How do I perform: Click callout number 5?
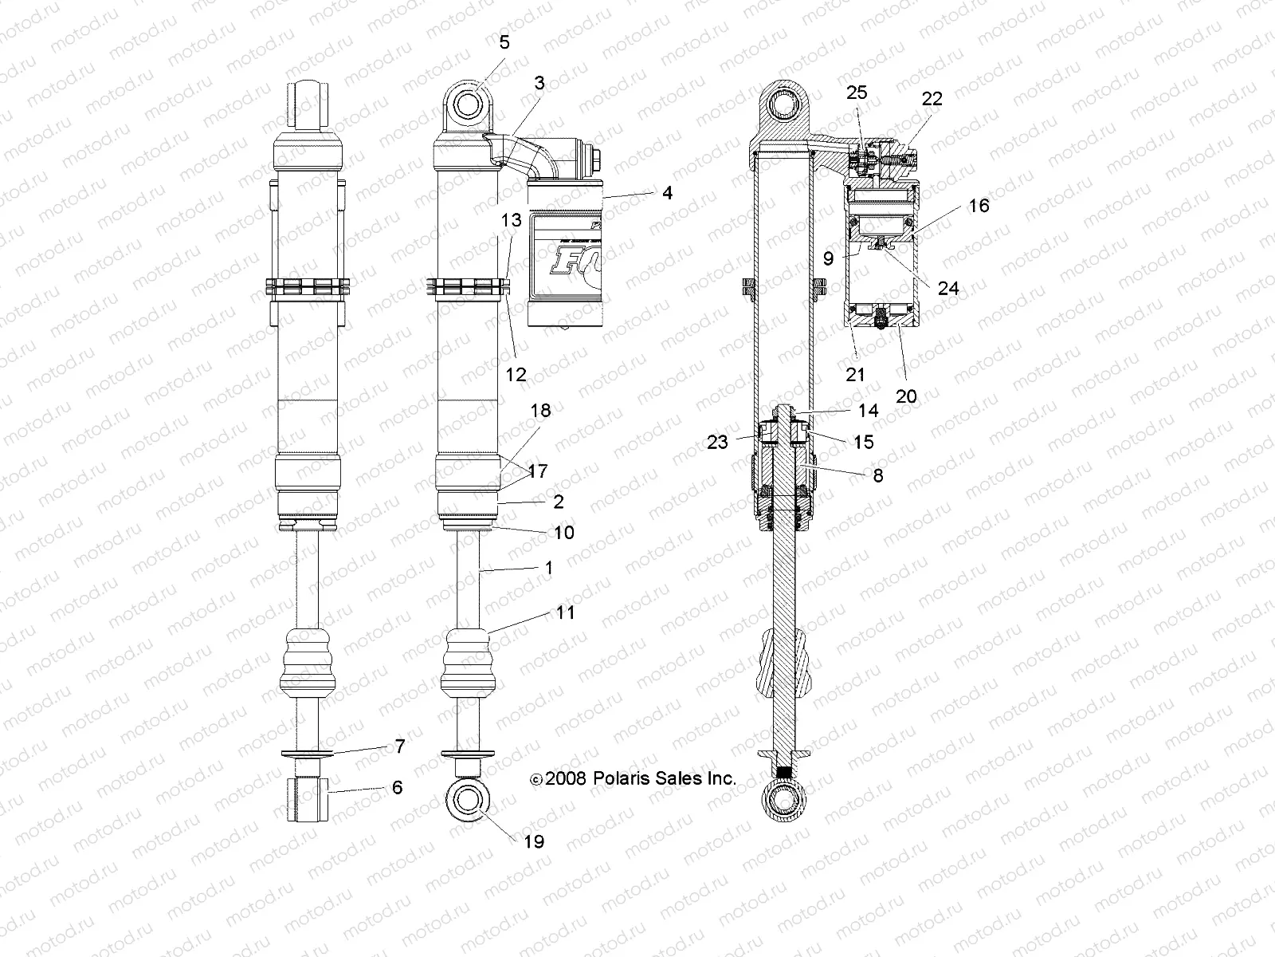point(504,42)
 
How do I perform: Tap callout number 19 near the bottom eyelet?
point(534,841)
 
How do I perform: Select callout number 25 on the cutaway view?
point(857,93)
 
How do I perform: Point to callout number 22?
point(932,98)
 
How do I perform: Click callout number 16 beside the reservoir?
point(979,206)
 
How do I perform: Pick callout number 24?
point(947,288)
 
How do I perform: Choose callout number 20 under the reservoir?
point(906,396)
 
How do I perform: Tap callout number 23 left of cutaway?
point(717,442)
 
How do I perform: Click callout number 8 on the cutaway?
point(878,475)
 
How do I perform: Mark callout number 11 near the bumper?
point(565,612)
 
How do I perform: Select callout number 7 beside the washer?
point(400,746)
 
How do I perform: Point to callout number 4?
point(666,193)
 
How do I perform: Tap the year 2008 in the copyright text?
point(567,778)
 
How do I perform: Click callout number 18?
point(540,411)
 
